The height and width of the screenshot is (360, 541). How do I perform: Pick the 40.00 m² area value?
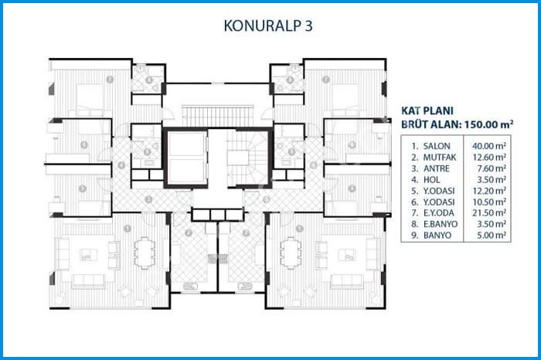point(489,145)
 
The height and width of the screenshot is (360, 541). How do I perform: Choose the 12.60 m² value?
point(489,156)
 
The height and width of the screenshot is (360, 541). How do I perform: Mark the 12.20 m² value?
point(489,189)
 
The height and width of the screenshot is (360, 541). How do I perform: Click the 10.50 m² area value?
point(489,200)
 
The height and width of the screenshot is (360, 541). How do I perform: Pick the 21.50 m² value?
point(489,212)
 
